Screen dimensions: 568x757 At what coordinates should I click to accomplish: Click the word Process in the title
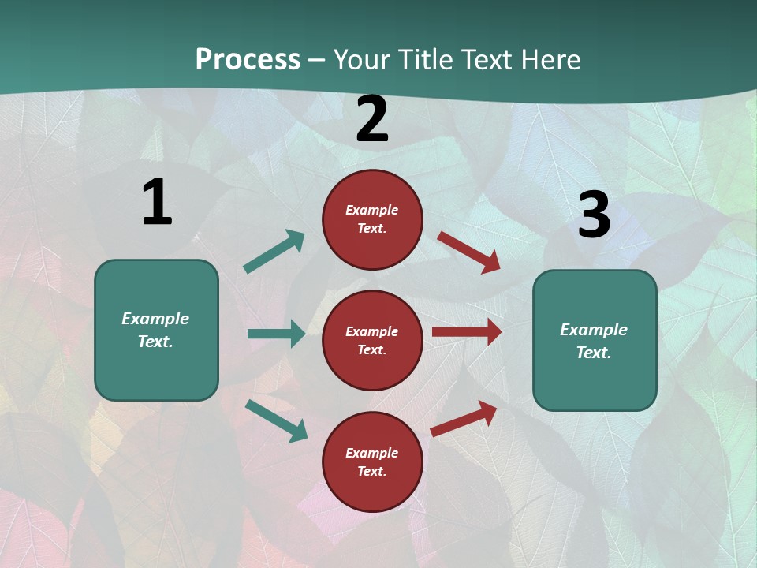tap(248, 59)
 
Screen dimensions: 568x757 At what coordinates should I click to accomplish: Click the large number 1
tap(157, 202)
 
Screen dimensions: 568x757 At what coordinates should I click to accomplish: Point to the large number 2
tap(372, 119)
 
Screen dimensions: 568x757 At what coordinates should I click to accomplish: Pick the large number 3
tap(594, 215)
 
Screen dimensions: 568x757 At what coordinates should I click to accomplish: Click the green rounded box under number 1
tap(156, 330)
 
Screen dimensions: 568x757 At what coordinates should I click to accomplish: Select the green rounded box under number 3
tap(595, 340)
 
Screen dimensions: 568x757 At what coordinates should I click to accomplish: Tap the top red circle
tap(372, 219)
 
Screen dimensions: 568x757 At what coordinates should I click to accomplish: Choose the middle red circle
tap(372, 340)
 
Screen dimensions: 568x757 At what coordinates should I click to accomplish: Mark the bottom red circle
tap(372, 461)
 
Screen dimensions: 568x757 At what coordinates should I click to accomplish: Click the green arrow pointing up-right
tap(274, 252)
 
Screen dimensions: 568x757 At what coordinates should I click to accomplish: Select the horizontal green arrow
tap(276, 334)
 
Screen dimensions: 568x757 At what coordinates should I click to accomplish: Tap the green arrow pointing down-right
tap(276, 420)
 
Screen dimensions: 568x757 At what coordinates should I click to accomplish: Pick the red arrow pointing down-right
tap(469, 252)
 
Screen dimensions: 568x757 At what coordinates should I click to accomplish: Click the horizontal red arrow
tap(467, 332)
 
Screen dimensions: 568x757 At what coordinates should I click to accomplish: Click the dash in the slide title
tap(316, 60)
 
